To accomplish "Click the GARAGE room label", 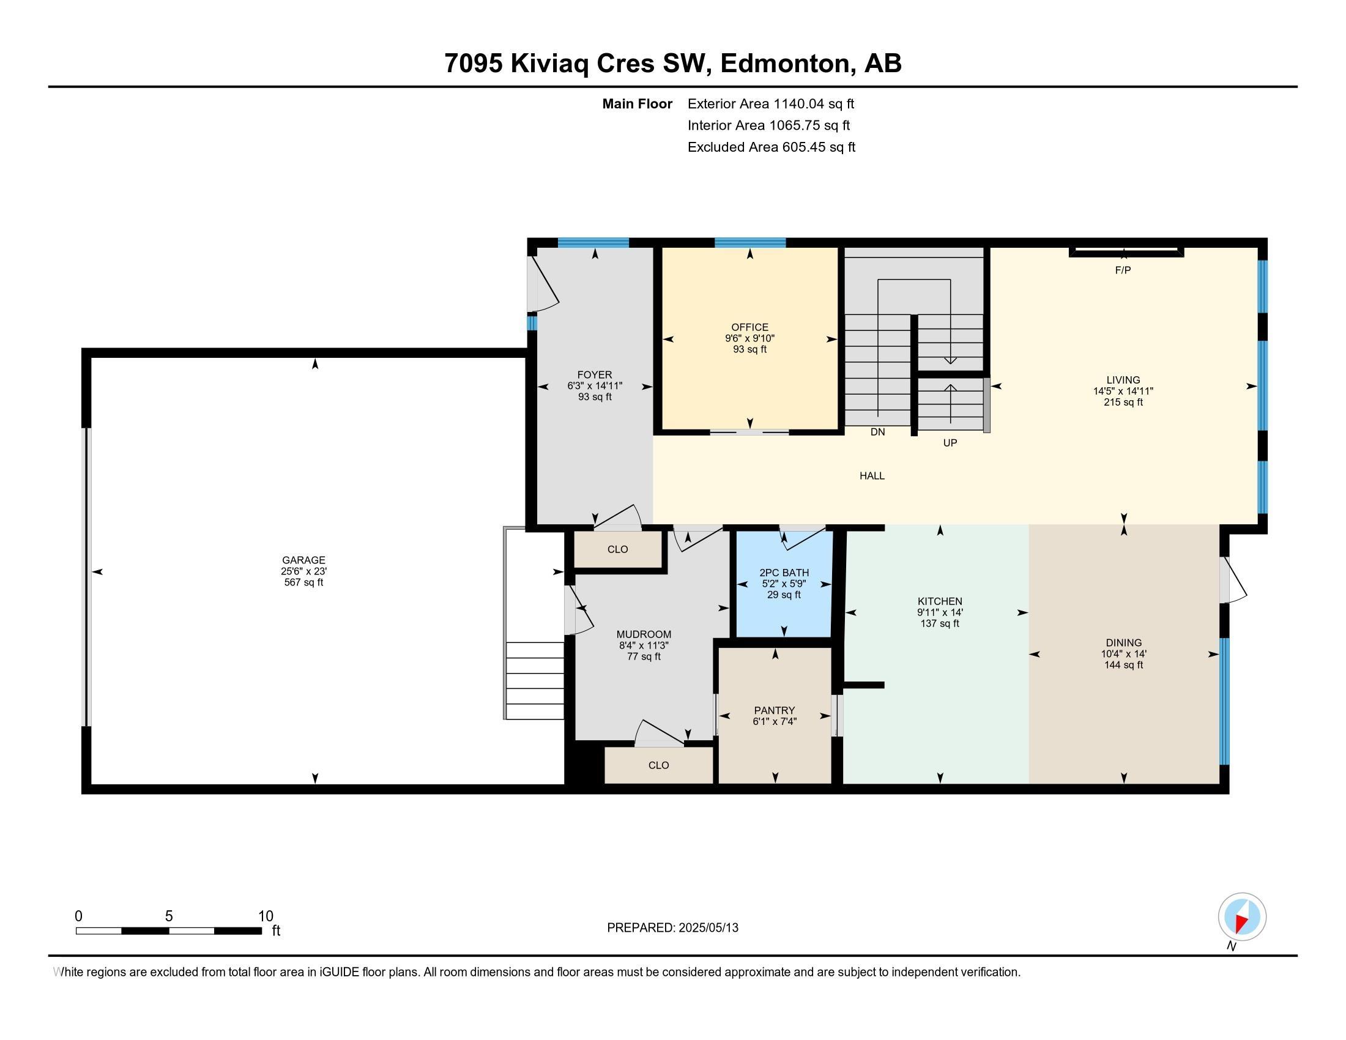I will tap(303, 560).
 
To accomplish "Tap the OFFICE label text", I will tap(749, 327).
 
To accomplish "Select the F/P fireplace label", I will tap(1123, 270).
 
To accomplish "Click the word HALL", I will tap(872, 475).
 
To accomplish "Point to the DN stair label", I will tap(877, 432).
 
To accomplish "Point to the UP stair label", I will tap(950, 442).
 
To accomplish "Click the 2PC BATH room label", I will tap(784, 573).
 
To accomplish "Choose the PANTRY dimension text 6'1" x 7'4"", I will tap(775, 721).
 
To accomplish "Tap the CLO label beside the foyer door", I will tap(617, 549).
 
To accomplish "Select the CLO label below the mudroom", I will tap(658, 765).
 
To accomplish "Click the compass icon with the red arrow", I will tap(1242, 916).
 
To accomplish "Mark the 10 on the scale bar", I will tap(266, 916).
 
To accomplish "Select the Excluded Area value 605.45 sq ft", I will tap(819, 147).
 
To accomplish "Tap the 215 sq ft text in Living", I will tap(1123, 403).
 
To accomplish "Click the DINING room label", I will tap(1123, 642).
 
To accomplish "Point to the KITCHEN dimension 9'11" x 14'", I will tap(939, 612).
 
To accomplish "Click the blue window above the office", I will tap(750, 242).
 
